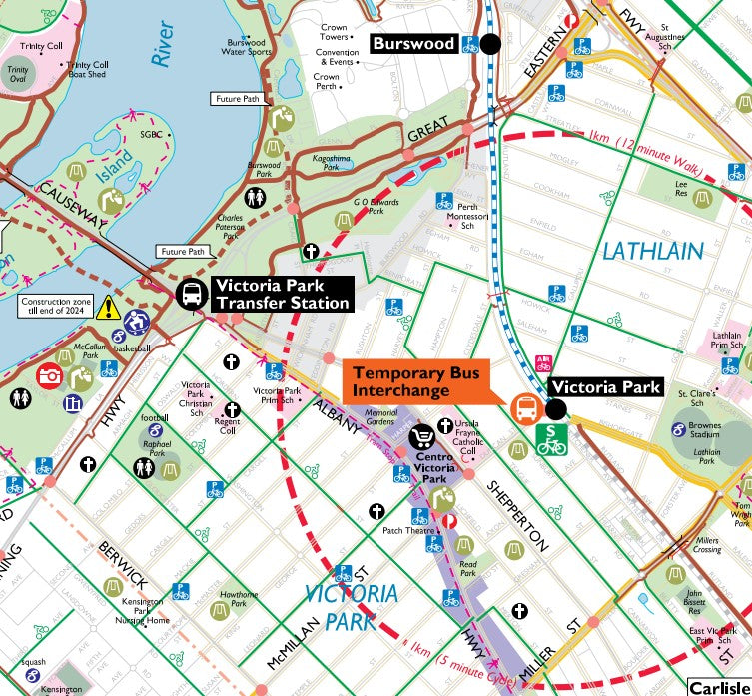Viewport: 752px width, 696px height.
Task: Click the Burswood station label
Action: (414, 44)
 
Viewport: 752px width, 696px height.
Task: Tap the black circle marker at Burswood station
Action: (490, 44)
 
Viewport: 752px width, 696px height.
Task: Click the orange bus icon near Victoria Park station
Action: (523, 408)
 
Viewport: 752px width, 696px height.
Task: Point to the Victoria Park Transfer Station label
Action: (282, 294)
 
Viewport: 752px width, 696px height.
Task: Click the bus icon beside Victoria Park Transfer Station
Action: (190, 294)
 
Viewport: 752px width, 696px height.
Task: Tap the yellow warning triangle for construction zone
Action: (106, 307)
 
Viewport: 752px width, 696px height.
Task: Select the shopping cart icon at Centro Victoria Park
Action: (422, 437)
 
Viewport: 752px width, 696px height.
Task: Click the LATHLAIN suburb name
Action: (653, 251)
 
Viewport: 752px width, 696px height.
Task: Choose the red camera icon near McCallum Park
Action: (49, 375)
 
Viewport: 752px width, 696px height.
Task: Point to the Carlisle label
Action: (719, 688)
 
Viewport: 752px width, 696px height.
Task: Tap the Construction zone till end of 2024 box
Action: (55, 306)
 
